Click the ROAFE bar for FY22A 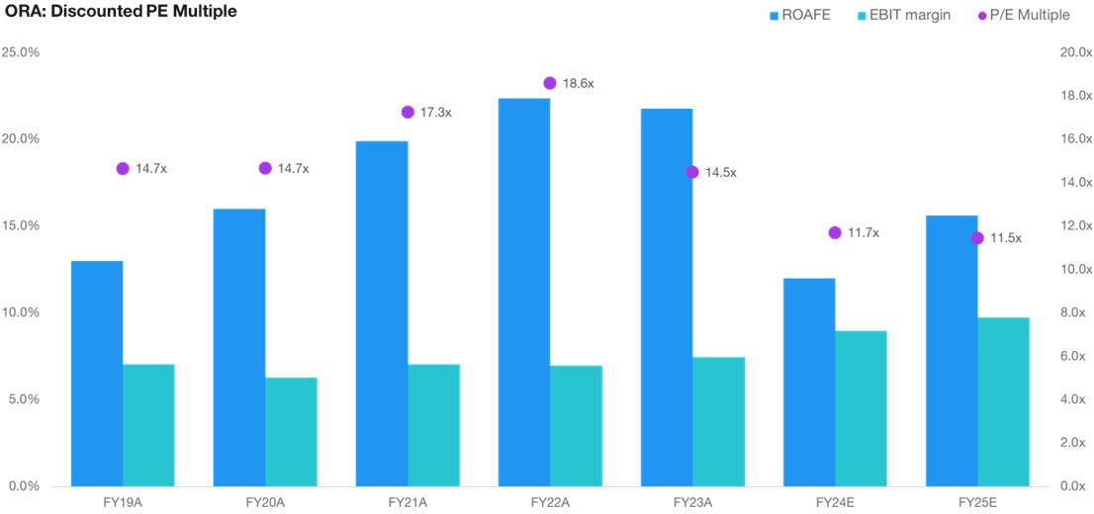coord(524,292)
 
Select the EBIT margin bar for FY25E coord(1004,401)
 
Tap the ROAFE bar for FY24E coord(809,382)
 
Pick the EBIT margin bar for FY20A coord(292,431)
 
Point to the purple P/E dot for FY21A coord(408,112)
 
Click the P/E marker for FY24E coord(835,232)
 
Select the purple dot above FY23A coord(692,172)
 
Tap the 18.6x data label coord(578,84)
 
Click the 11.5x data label coord(1006,238)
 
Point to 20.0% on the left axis coord(20,138)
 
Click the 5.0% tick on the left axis coord(23,399)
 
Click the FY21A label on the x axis coord(407,502)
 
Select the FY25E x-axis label coord(977,502)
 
